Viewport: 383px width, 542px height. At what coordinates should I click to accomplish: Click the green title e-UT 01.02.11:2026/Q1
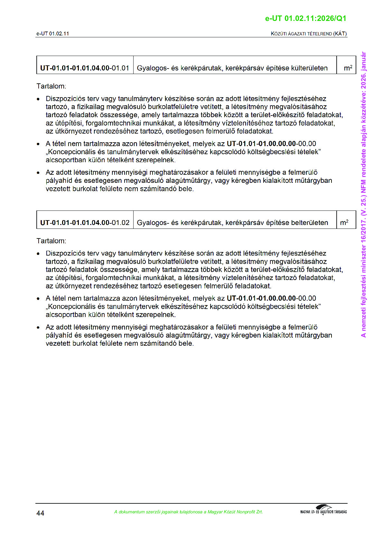tap(305, 18)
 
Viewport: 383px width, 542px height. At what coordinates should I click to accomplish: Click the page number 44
tap(40, 513)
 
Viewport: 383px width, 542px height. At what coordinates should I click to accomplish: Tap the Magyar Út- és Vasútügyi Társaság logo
tap(323, 510)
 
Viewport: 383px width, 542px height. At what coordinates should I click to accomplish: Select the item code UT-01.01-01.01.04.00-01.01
tap(85, 68)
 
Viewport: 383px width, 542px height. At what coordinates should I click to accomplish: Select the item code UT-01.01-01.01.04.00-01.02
tap(85, 223)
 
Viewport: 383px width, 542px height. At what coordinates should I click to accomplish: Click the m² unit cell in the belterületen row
tap(344, 222)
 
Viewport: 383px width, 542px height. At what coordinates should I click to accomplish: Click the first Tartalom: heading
tap(51, 86)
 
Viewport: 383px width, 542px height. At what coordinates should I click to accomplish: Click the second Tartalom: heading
tap(51, 241)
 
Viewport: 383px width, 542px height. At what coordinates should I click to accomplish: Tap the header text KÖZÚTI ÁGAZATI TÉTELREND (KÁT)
tap(309, 33)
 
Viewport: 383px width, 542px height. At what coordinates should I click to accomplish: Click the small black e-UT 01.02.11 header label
tap(52, 33)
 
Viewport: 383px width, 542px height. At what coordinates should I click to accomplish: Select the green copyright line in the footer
tap(188, 512)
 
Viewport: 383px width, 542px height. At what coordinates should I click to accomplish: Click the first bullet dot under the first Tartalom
tap(39, 99)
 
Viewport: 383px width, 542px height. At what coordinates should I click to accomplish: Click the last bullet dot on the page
tap(39, 328)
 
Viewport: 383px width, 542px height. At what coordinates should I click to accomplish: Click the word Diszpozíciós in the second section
tap(65, 253)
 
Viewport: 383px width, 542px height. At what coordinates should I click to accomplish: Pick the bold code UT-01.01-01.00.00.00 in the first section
tap(261, 144)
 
